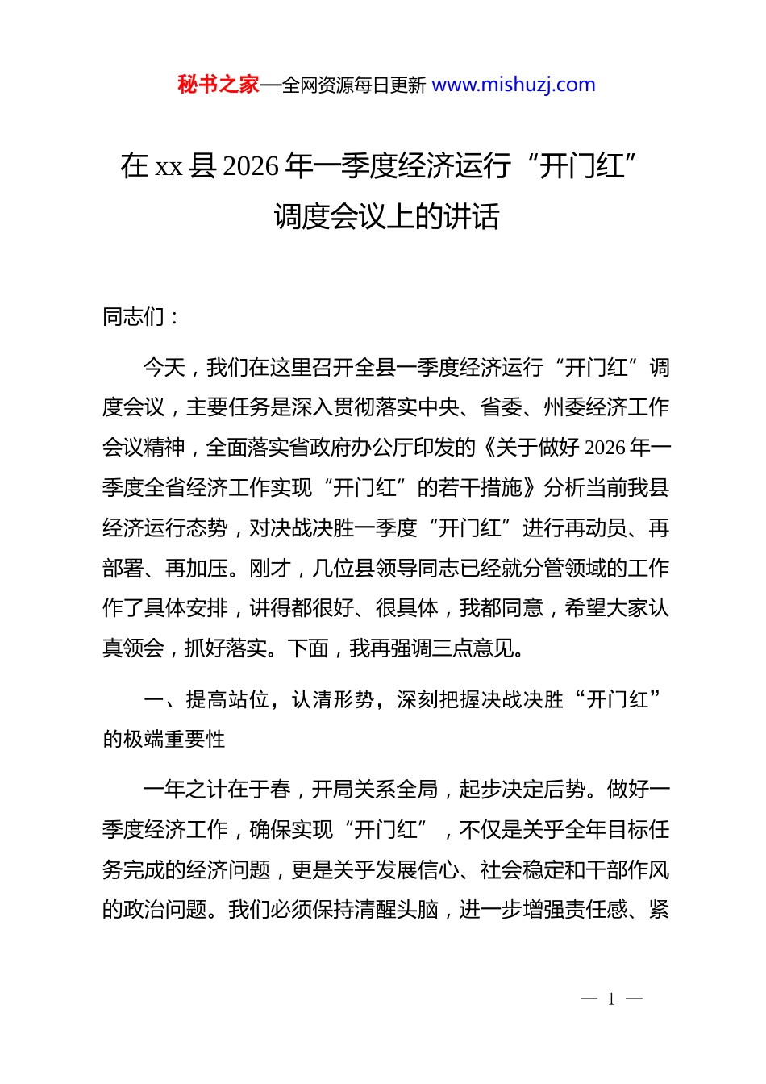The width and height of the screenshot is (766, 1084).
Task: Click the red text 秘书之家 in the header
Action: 219,85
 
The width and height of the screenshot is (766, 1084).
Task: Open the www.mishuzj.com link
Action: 514,85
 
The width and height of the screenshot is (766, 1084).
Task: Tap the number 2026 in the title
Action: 250,166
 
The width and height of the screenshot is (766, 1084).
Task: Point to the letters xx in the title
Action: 169,167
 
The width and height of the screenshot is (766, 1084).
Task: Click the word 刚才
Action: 270,569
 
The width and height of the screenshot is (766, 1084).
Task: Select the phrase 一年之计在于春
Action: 217,790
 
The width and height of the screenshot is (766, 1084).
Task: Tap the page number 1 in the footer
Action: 611,999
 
